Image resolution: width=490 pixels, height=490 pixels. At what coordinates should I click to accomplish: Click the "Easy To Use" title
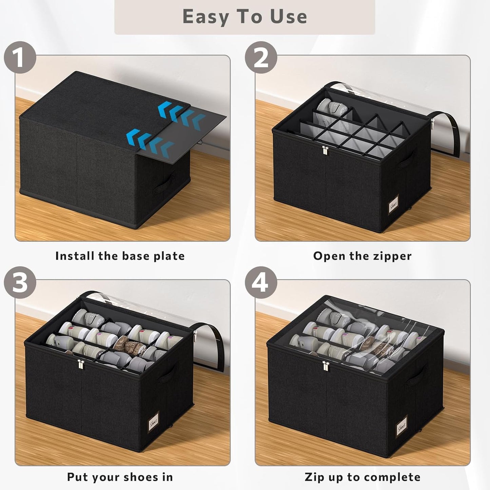pos(244,17)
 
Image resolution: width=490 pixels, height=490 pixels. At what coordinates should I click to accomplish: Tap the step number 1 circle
pos(20,57)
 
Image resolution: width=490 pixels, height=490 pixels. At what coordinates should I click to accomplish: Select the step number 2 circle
pos(261,57)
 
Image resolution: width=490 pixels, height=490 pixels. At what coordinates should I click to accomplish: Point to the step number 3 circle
pos(20,282)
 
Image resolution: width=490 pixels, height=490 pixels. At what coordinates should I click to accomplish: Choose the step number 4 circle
pos(261,282)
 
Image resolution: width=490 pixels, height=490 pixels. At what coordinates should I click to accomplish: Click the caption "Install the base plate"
pos(120,256)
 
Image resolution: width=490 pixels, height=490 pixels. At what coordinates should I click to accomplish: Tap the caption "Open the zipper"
pos(362,256)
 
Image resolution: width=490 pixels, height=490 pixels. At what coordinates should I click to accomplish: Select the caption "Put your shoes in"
pos(120,477)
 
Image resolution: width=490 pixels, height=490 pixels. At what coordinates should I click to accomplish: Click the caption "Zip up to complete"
pos(362,477)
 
